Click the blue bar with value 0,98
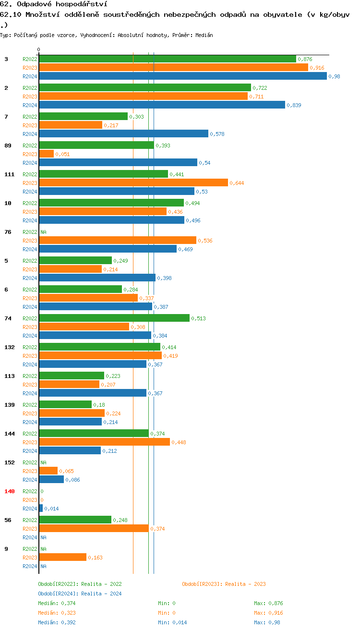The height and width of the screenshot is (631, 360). point(182,76)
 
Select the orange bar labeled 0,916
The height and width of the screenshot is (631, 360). point(173,68)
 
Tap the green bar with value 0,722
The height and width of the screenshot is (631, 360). point(144,88)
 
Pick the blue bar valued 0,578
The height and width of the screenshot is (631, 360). point(123,134)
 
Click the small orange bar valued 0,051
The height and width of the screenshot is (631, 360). point(46,154)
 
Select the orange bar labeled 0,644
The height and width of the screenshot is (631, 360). point(133,183)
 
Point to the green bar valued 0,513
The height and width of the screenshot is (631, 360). point(114,318)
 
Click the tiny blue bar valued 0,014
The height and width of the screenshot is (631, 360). point(41,509)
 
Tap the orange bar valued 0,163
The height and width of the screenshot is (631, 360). point(62,558)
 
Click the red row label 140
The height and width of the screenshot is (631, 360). point(10,491)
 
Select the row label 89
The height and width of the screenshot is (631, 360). point(8,146)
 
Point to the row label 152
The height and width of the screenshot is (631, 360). point(10,462)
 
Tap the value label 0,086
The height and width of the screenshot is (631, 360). point(72,480)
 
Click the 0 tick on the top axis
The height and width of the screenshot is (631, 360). point(39,49)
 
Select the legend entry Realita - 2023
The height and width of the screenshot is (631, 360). point(224,584)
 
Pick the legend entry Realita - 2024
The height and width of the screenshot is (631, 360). point(80,594)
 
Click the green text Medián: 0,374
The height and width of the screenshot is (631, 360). point(57,603)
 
